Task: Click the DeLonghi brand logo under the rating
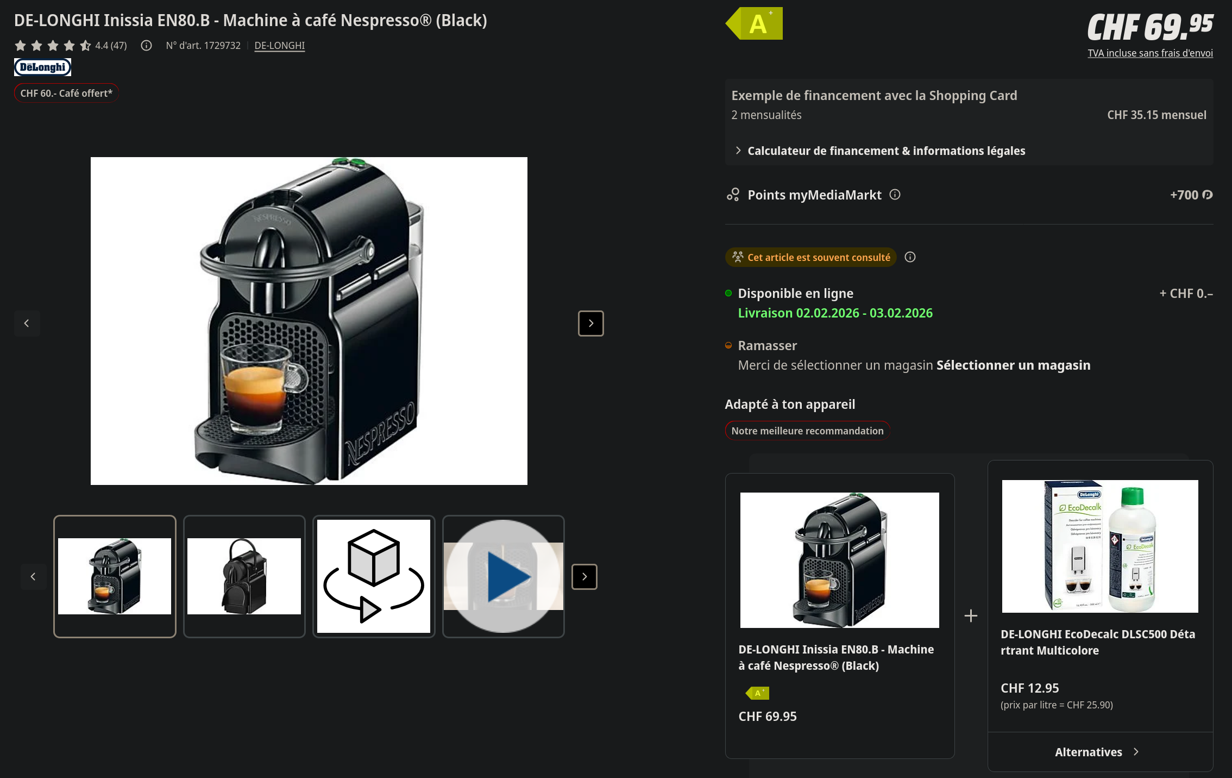[42, 67]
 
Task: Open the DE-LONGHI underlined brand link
[280, 46]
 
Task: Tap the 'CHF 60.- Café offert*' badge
[66, 93]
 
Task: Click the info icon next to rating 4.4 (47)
[146, 46]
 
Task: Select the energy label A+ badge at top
[755, 23]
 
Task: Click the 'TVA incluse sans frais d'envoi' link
[1150, 53]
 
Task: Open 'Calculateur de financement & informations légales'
[887, 151]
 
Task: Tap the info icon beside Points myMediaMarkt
[895, 195]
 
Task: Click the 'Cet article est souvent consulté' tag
[811, 257]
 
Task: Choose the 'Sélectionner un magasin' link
[1014, 365]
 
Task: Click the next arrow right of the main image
[591, 323]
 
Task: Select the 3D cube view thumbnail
[374, 576]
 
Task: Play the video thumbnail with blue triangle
[504, 576]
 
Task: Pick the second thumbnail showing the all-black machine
[244, 576]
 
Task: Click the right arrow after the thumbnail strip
[584, 577]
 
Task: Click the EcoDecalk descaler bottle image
[1100, 546]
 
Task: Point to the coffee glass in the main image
[255, 387]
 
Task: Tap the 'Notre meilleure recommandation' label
[808, 431]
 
